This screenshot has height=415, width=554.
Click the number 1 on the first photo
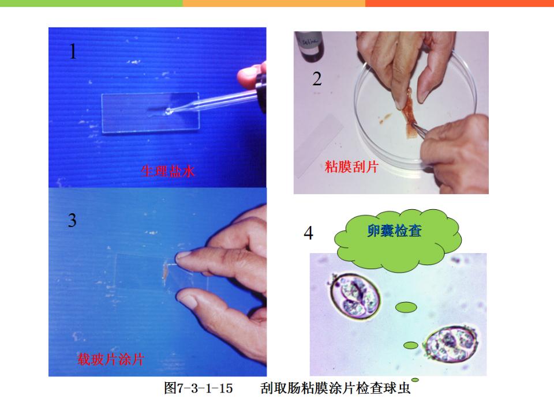73,51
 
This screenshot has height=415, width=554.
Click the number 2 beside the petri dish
317,79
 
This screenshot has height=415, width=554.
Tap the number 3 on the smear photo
72,220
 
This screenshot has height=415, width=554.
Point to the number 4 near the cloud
308,233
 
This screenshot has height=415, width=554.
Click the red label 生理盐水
168,171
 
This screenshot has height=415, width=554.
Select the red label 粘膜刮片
351,167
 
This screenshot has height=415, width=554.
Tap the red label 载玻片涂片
111,359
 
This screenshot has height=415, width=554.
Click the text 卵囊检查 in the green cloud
394,231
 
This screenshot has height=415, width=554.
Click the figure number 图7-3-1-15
199,388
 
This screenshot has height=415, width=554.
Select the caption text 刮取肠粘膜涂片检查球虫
335,388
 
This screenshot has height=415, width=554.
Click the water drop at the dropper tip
169,111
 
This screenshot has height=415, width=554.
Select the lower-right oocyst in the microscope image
451,344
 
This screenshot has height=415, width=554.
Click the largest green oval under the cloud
406,307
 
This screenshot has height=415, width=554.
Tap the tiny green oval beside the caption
415,380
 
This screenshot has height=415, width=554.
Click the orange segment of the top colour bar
274,3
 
